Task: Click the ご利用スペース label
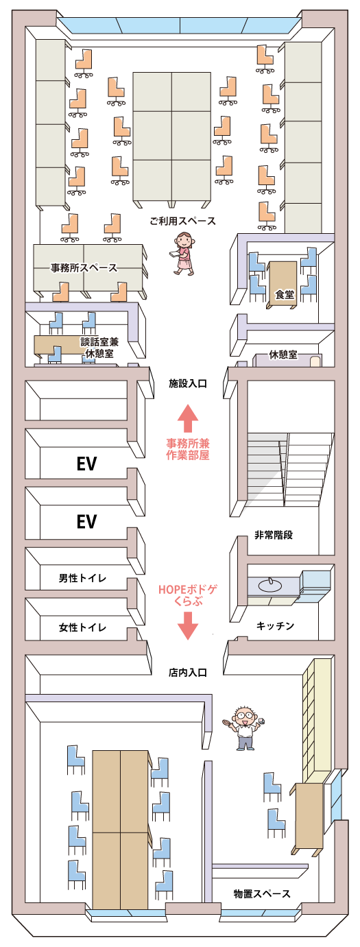(183, 221)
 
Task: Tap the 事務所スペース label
(84, 267)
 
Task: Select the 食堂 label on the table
(284, 295)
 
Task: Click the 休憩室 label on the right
(283, 355)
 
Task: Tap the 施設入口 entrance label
(188, 384)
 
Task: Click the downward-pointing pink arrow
(189, 625)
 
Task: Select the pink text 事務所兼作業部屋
(188, 448)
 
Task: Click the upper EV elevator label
(86, 464)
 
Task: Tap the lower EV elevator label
(86, 522)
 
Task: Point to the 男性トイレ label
(82, 578)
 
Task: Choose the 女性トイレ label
(82, 627)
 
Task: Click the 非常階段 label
(274, 534)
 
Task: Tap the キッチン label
(276, 625)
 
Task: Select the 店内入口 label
(188, 673)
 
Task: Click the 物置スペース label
(262, 894)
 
